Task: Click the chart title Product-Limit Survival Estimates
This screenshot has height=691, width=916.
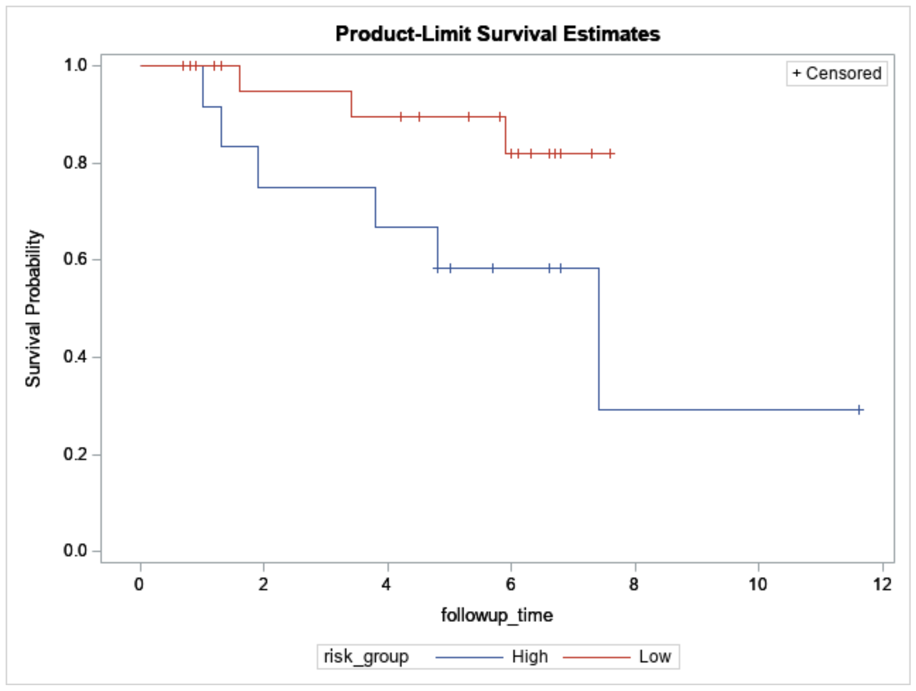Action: (497, 34)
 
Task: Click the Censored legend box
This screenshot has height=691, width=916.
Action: (836, 74)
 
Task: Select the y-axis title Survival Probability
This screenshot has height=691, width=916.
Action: (33, 308)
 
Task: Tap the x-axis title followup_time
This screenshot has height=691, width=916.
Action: (497, 615)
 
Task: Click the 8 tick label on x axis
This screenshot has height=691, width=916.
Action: (634, 585)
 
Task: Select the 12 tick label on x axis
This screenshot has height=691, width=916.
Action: (882, 585)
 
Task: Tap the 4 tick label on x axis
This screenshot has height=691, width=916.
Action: (386, 585)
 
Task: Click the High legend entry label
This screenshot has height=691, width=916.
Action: (529, 657)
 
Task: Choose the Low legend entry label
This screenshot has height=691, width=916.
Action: (654, 657)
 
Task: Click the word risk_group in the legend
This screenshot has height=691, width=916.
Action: (366, 657)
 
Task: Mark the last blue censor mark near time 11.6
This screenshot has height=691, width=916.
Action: (859, 410)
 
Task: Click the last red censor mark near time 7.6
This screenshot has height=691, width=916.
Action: (610, 154)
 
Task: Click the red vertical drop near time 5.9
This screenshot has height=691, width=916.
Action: (505, 135)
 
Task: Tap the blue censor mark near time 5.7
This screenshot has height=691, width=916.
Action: (493, 268)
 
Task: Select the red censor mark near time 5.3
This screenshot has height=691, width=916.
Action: (469, 117)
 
